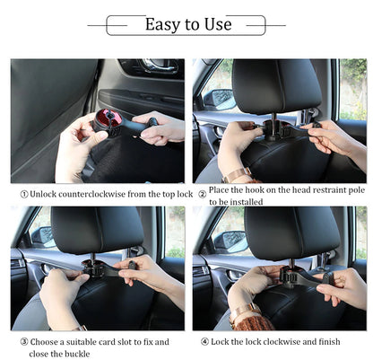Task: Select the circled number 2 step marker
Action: click(202, 193)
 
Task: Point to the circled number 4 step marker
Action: click(205, 341)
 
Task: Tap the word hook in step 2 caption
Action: click(257, 193)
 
